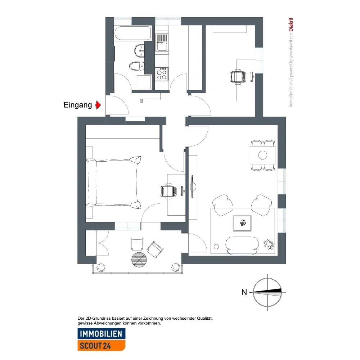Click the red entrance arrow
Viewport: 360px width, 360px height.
click(x=98, y=105)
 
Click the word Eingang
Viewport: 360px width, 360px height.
click(x=78, y=105)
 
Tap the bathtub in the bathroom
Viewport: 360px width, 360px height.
click(x=133, y=33)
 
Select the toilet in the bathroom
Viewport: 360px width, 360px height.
click(x=137, y=66)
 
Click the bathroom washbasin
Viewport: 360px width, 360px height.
click(x=139, y=51)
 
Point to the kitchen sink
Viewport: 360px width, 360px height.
click(x=162, y=42)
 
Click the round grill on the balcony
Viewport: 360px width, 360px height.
click(x=139, y=260)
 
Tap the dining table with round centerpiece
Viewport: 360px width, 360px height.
click(x=263, y=155)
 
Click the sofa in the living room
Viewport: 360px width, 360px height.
click(x=242, y=246)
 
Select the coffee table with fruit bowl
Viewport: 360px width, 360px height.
click(x=242, y=223)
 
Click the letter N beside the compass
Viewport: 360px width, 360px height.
click(x=244, y=292)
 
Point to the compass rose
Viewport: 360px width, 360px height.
click(x=267, y=292)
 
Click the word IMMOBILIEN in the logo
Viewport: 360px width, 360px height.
click(x=101, y=334)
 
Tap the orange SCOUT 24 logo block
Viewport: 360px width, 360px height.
click(x=101, y=345)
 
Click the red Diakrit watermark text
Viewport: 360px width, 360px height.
click(x=291, y=24)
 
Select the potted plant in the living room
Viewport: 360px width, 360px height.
click(x=269, y=244)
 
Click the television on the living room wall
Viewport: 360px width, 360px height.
click(x=192, y=186)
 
